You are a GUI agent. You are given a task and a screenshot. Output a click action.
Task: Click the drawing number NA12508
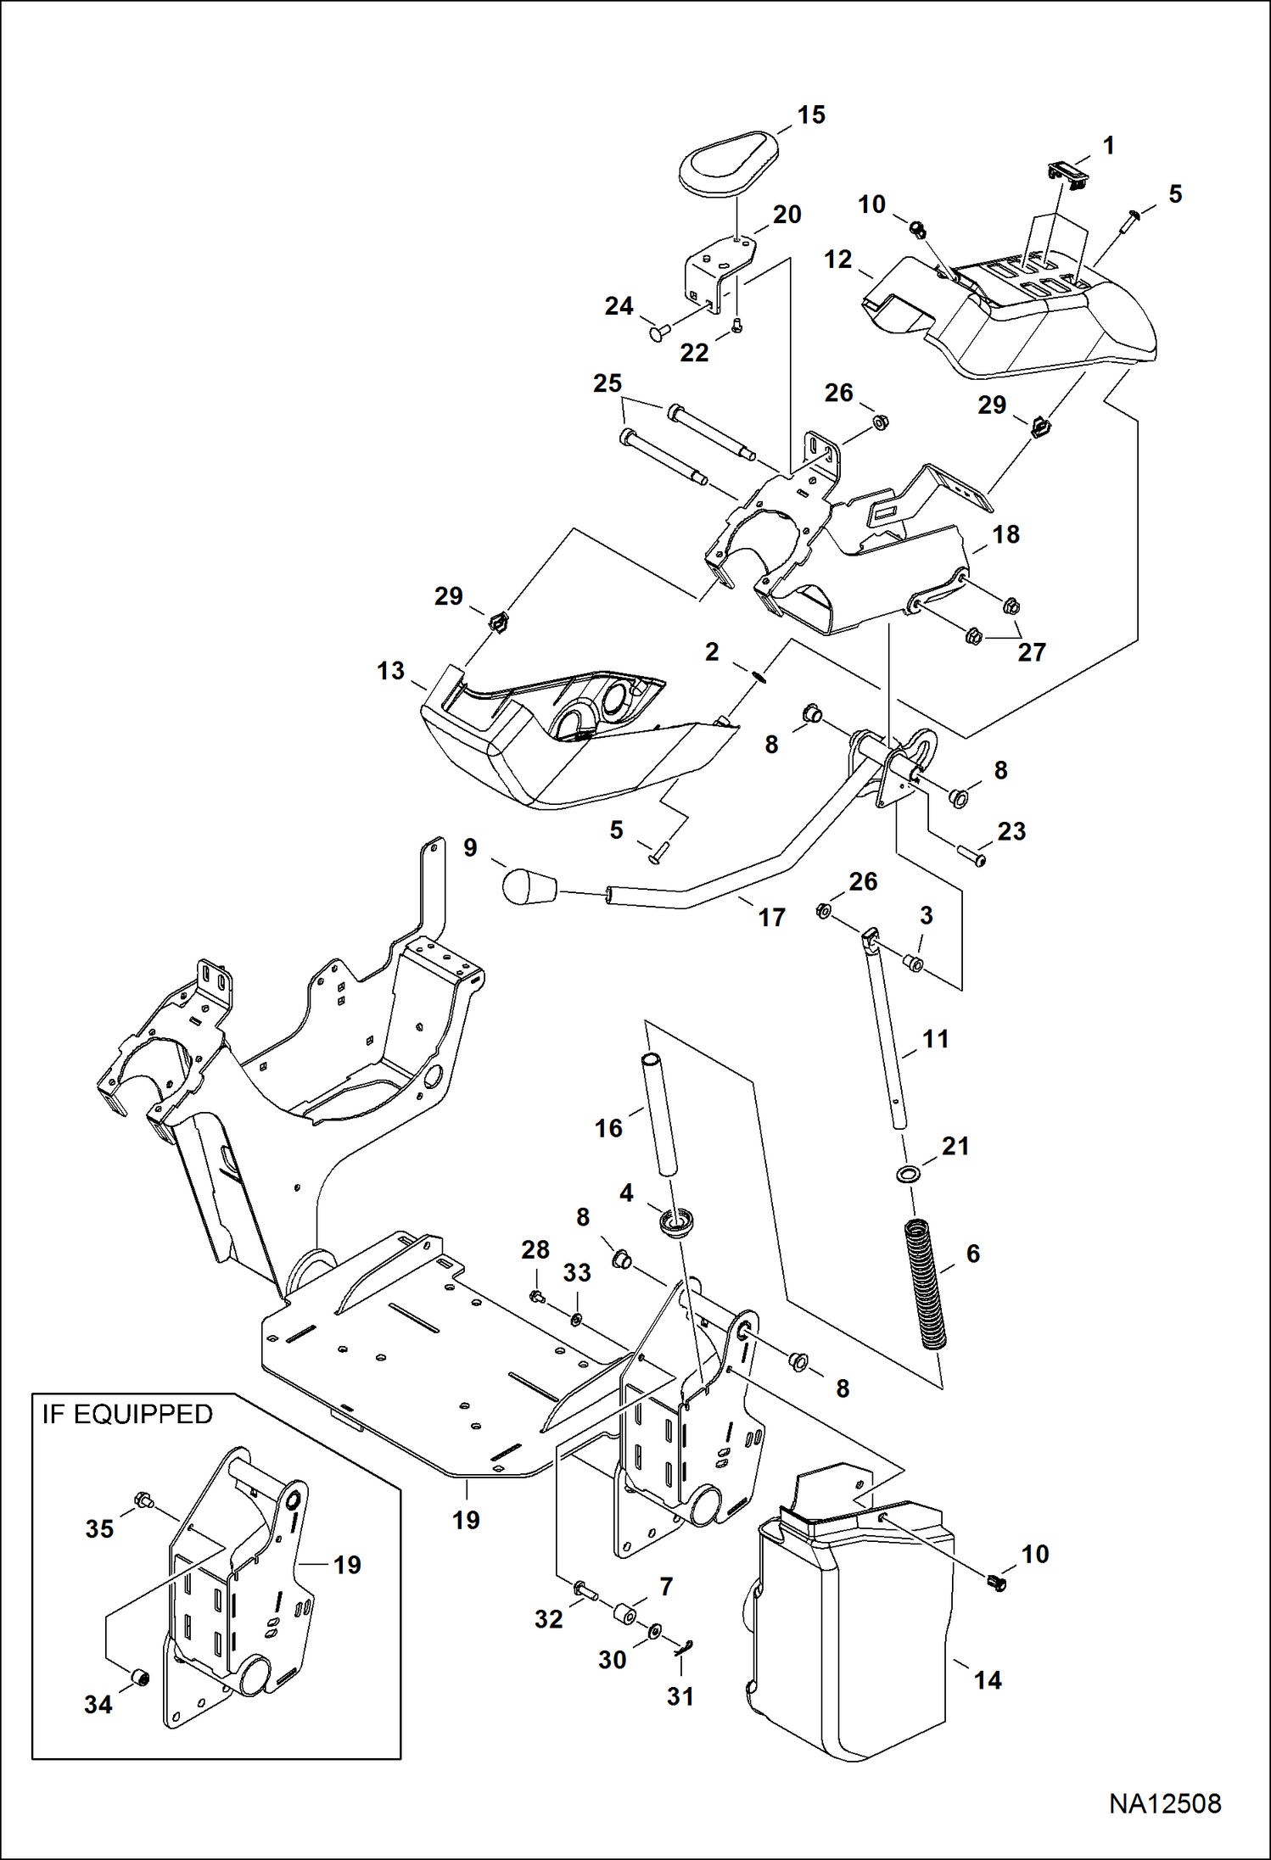(x=1165, y=1803)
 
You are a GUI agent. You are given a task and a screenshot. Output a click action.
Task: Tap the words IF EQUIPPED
(x=127, y=1414)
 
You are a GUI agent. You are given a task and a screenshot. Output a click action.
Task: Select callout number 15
(x=811, y=115)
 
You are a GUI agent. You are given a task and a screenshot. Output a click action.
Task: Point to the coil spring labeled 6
(x=926, y=1284)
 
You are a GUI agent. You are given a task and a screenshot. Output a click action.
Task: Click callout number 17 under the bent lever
(x=771, y=917)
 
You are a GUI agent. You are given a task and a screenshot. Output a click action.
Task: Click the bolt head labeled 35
(x=143, y=1501)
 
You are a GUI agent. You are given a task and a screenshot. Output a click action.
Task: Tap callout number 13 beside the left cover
(x=391, y=671)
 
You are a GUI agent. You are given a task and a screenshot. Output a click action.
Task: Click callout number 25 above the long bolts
(x=608, y=383)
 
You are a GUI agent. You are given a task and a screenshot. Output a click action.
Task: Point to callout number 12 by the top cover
(x=838, y=259)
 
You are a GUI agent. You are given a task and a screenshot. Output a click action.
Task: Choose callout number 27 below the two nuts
(x=1032, y=652)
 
